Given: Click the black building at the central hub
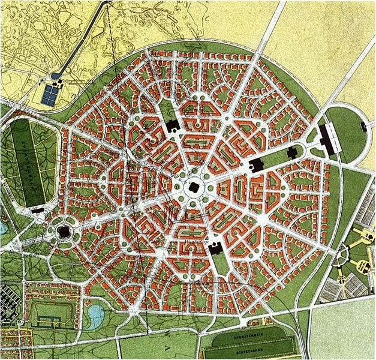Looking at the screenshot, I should coord(194,187).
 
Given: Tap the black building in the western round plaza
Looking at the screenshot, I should coord(64,231).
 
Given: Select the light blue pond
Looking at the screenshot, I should coord(95,313).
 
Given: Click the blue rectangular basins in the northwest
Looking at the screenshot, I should coord(50,94).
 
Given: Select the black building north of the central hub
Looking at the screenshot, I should coord(172,126).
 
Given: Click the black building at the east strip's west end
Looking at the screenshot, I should coord(256,164).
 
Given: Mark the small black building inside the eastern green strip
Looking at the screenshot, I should coord(292,152).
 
